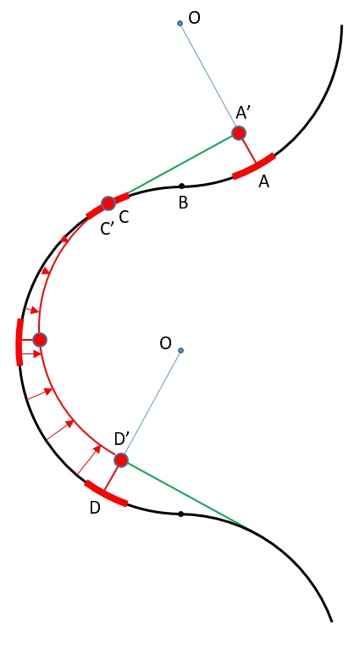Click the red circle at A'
click(x=239, y=133)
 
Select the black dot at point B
click(x=181, y=186)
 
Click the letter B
click(x=183, y=203)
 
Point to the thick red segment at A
click(x=254, y=166)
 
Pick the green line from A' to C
click(x=180, y=164)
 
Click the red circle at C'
click(x=108, y=203)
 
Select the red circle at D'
click(x=121, y=460)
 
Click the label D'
click(x=122, y=439)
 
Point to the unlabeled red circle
click(x=40, y=339)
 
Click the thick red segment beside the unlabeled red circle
click(x=19, y=342)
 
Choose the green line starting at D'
click(x=187, y=493)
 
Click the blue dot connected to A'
click(x=180, y=24)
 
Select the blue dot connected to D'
click(x=180, y=350)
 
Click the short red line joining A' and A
click(x=248, y=151)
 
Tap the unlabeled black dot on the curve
click(x=180, y=514)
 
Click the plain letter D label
click(x=95, y=508)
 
